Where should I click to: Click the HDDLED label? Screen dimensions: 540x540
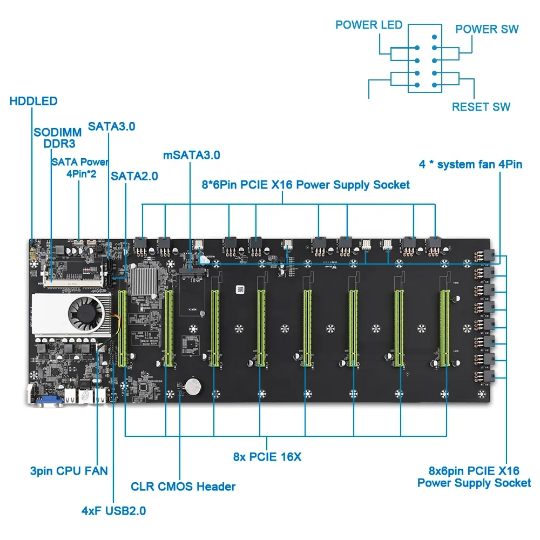coord(33,101)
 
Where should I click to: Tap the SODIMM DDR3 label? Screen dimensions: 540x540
coord(58,138)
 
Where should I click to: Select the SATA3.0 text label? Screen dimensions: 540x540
coord(112,126)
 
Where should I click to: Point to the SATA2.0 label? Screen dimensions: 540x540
coord(134,176)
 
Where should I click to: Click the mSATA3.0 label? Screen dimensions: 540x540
coord(192,155)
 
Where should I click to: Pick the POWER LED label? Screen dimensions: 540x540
coord(369,25)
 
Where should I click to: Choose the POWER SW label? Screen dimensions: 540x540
coord(487,29)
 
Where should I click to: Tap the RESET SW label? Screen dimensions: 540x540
coord(481,107)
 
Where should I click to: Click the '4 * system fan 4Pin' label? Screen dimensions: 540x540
coord(470,164)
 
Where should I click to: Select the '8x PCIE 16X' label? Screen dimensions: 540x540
coord(267,457)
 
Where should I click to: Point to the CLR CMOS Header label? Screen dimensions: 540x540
coord(183,487)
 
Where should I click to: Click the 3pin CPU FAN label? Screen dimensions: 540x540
coord(69,471)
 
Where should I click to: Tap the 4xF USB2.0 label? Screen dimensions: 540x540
coord(113,510)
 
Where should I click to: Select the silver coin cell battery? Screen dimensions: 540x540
coord(193,387)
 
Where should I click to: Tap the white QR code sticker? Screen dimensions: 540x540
coord(240,289)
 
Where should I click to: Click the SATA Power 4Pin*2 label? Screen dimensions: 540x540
coord(80,168)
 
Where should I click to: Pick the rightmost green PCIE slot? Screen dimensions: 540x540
coord(444,328)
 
